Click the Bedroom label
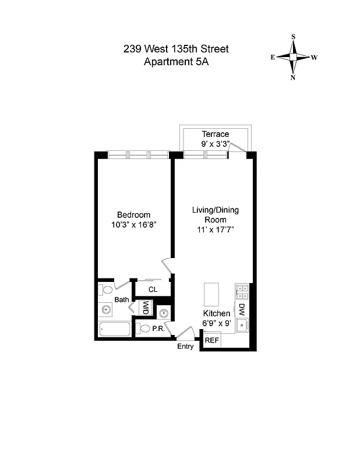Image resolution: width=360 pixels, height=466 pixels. click(x=133, y=214)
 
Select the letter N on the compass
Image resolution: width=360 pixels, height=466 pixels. click(x=293, y=78)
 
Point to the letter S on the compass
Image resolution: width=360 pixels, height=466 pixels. click(x=293, y=37)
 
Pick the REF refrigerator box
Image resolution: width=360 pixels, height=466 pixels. click(x=211, y=340)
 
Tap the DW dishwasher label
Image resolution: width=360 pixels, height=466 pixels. click(x=241, y=308)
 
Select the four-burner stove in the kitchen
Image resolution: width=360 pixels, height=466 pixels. click(x=242, y=291)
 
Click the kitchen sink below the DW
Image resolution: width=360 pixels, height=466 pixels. click(x=242, y=325)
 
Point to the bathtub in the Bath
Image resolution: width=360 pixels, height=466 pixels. click(x=114, y=330)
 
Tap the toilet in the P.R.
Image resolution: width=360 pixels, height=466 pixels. click(x=144, y=329)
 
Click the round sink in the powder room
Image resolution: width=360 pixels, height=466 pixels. click(x=164, y=313)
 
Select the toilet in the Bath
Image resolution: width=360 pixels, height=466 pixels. click(x=107, y=290)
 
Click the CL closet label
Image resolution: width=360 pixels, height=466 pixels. click(x=153, y=289)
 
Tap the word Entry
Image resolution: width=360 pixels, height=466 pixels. click(x=186, y=347)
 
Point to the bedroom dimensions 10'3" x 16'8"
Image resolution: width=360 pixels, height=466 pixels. click(x=133, y=224)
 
